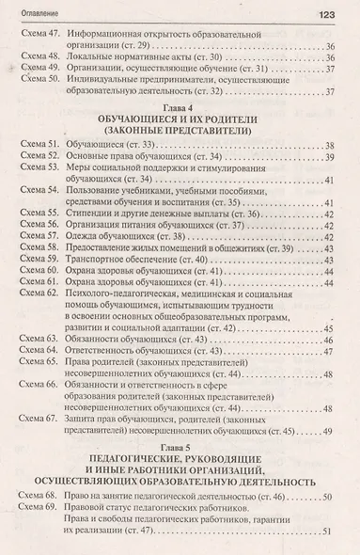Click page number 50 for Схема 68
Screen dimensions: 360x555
point(326,497)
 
